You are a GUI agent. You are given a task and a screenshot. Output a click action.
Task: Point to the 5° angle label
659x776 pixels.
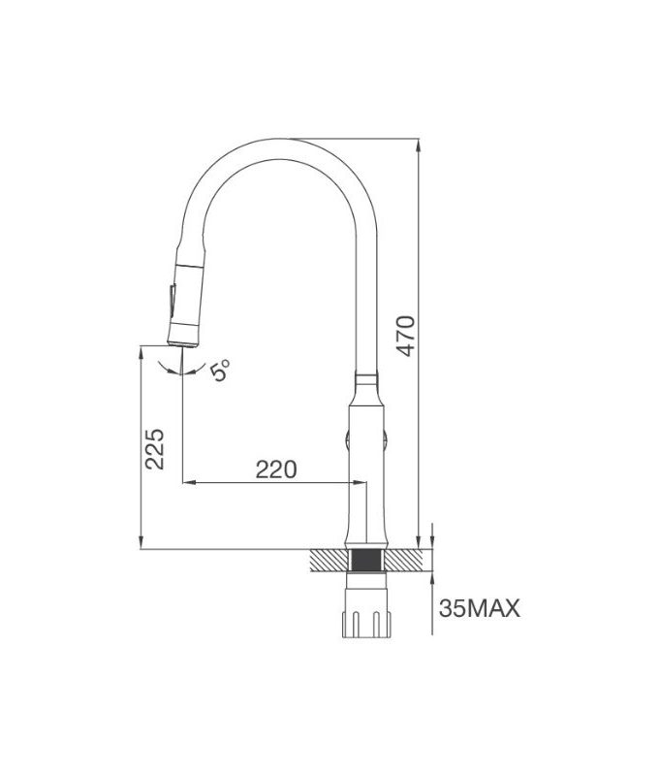coord(222,371)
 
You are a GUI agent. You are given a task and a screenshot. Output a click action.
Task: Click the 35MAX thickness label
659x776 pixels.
coord(480,609)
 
